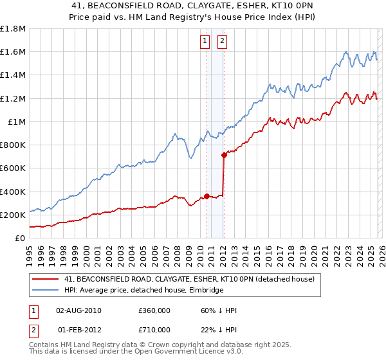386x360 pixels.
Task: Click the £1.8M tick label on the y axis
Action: click(x=13, y=29)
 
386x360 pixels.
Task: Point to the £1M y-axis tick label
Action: click(x=17, y=122)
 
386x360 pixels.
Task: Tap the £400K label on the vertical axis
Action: click(x=13, y=192)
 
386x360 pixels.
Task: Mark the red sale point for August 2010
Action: click(x=207, y=196)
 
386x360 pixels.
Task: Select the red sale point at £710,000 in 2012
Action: click(x=224, y=155)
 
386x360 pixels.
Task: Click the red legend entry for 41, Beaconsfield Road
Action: click(x=189, y=279)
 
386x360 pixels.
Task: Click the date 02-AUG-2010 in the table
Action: click(x=79, y=310)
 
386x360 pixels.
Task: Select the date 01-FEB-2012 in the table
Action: click(x=79, y=329)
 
